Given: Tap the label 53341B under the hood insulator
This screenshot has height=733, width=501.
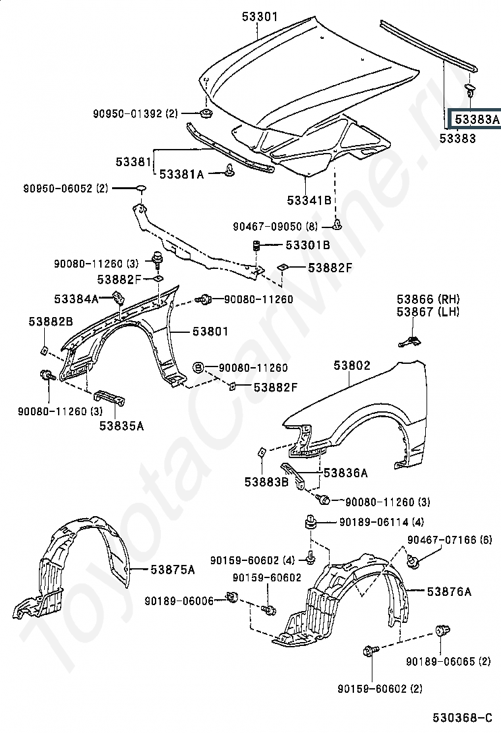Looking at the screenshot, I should (x=309, y=200).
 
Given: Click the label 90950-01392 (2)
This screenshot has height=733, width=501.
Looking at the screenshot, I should (x=135, y=113).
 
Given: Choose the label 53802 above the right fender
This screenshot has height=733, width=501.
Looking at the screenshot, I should (x=351, y=365).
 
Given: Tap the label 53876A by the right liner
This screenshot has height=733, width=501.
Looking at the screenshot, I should (x=449, y=591).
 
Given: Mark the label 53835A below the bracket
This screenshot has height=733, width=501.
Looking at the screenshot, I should (x=121, y=426).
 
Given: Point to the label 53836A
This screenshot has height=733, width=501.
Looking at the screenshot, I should (x=345, y=473).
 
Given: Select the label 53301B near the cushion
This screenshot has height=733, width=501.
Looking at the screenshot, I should (x=307, y=246).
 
